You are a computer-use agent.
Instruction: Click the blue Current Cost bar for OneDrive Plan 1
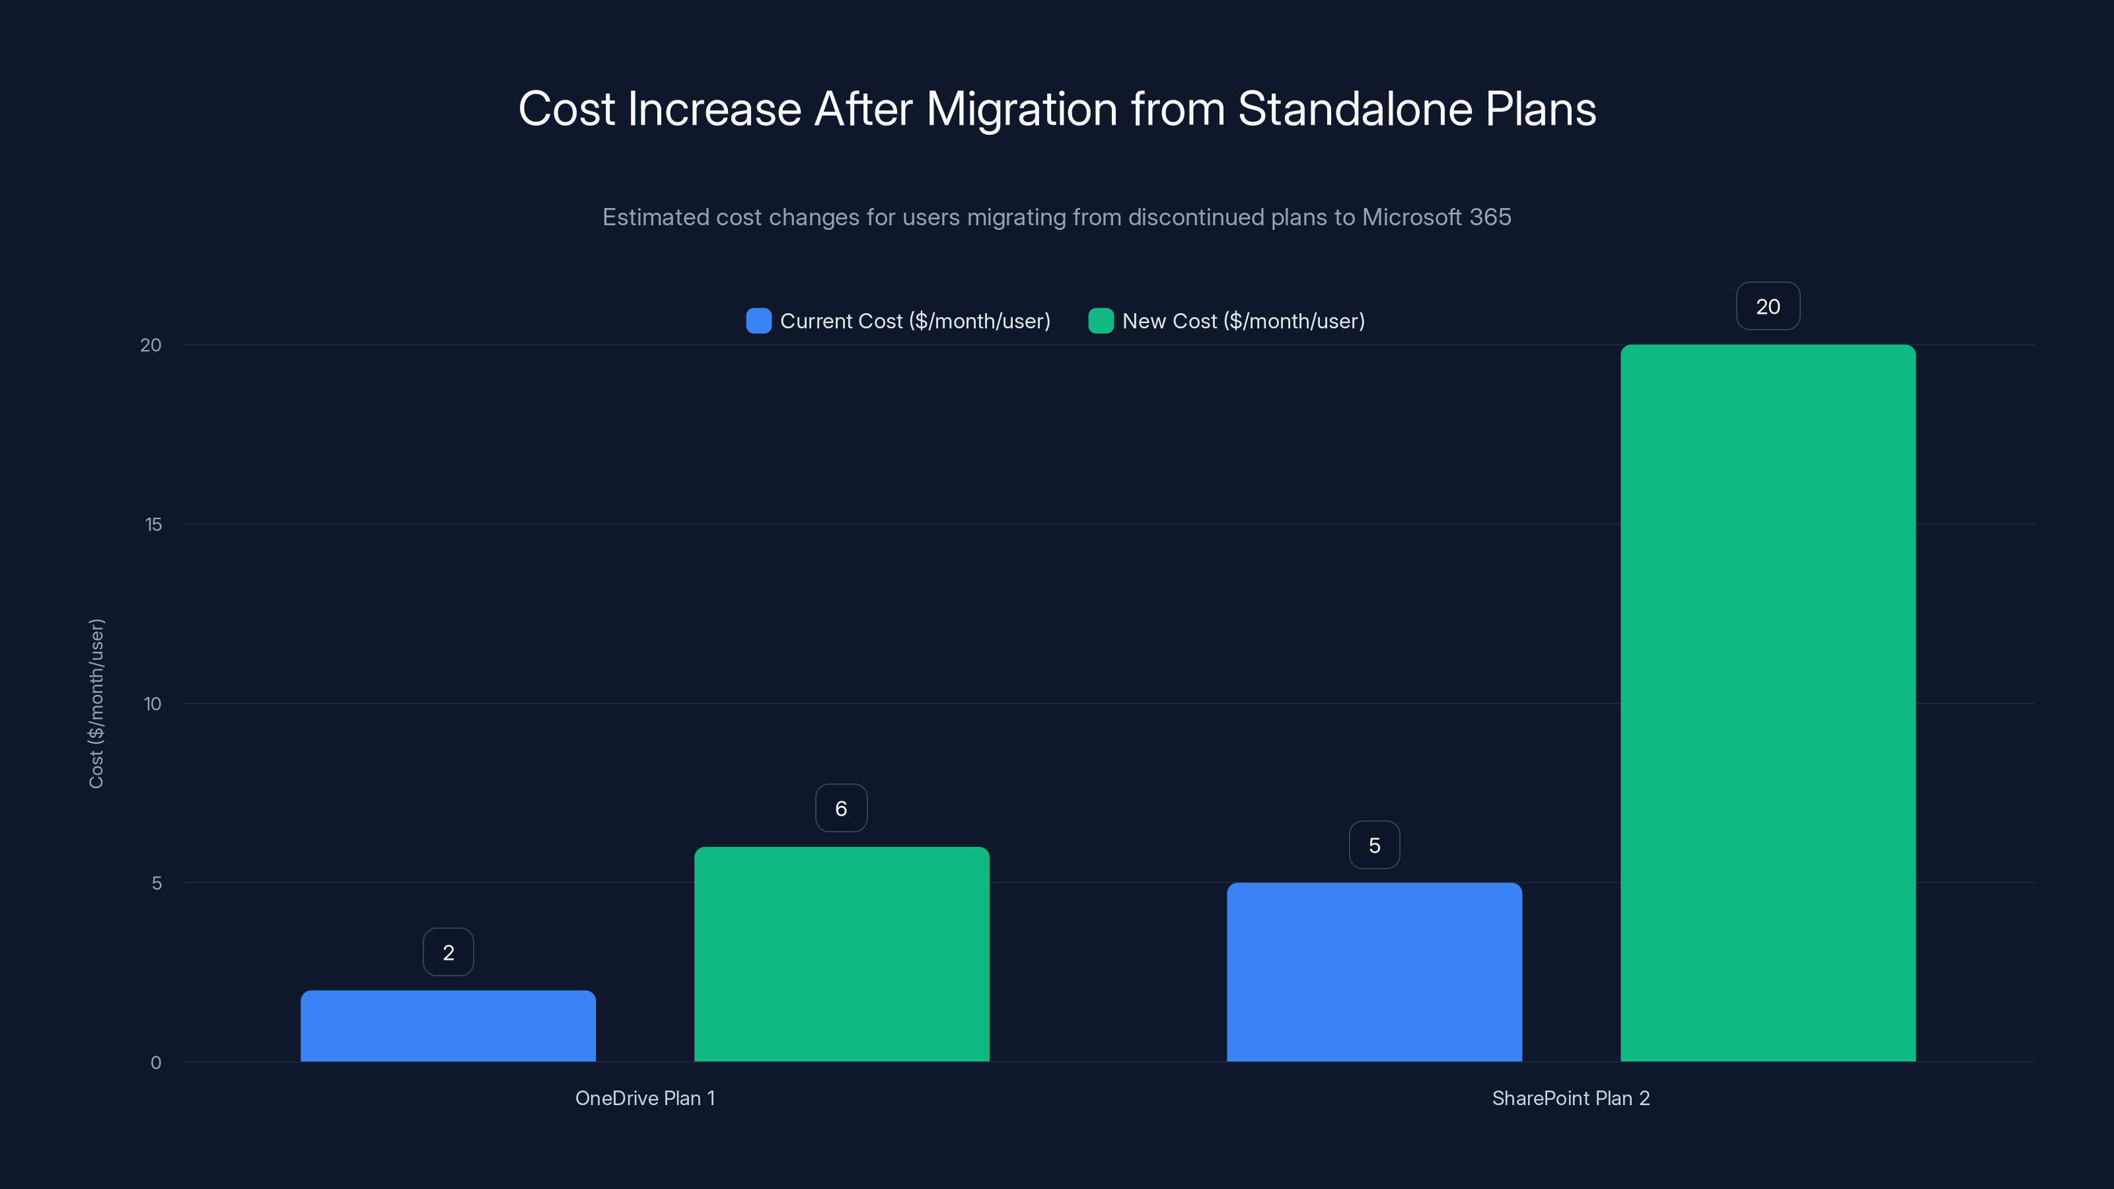(448, 1026)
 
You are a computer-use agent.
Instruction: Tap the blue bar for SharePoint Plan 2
(1374, 972)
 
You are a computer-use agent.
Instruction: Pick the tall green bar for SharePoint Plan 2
(1768, 703)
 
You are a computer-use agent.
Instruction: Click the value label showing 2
(448, 952)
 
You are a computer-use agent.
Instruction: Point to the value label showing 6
(841, 809)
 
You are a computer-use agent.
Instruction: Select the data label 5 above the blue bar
(1374, 846)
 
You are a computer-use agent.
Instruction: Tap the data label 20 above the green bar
(1768, 306)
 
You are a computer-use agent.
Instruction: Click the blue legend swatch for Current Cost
(758, 321)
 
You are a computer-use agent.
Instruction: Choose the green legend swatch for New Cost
(1101, 321)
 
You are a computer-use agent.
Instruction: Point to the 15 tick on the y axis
(153, 524)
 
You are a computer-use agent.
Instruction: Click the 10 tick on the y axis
(153, 703)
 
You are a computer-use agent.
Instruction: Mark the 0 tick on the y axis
(156, 1063)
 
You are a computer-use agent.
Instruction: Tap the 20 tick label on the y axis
(151, 345)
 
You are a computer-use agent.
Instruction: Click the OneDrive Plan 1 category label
(645, 1098)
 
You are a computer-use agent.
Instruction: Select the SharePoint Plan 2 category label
(1571, 1098)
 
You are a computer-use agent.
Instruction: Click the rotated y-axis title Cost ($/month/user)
(96, 703)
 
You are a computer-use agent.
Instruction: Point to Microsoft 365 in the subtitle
(1436, 217)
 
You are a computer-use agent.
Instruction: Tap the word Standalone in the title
(1355, 109)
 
